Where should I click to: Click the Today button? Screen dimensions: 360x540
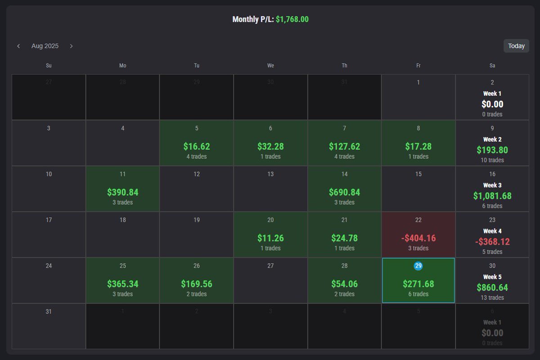pos(516,46)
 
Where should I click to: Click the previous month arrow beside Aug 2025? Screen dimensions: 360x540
pos(18,46)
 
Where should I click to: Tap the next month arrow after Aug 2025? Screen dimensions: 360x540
pos(71,46)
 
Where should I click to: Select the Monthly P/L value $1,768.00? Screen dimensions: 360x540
pos(292,19)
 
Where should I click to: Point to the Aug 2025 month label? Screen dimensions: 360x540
pos(45,46)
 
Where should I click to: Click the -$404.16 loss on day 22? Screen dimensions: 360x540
pos(418,238)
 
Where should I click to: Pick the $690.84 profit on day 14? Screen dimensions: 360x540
pos(344,192)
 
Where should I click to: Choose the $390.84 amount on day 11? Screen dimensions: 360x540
pos(122,192)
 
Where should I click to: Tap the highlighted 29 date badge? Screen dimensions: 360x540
pos(418,266)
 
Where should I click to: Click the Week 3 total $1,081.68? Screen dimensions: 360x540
pos(492,196)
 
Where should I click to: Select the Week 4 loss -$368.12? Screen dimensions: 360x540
pos(492,242)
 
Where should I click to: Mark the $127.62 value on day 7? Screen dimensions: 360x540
pos(344,146)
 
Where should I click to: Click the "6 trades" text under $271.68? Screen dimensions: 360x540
pos(418,294)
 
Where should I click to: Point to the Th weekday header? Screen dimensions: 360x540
pos(344,66)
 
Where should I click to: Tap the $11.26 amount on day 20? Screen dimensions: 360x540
pos(270,238)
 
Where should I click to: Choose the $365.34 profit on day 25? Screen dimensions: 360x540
pos(122,284)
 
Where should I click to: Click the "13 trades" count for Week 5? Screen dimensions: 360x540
pos(492,297)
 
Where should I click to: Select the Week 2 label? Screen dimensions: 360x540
pos(492,139)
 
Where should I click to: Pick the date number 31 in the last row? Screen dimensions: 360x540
pos(49,311)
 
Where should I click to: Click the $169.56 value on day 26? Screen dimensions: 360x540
pos(197,284)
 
